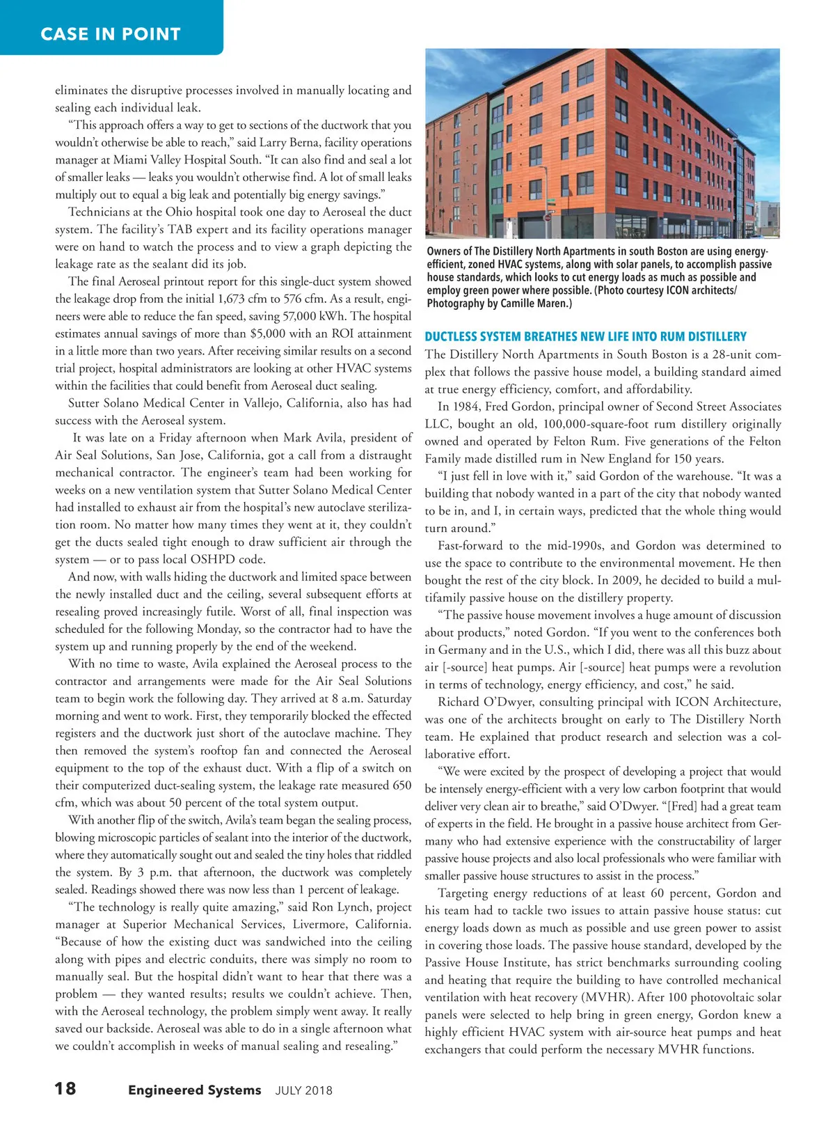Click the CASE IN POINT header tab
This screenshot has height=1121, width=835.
pyautogui.click(x=111, y=33)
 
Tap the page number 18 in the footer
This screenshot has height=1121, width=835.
pyautogui.click(x=65, y=1088)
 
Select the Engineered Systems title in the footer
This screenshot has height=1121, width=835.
pyautogui.click(x=195, y=1090)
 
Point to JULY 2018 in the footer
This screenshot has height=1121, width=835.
pyautogui.click(x=304, y=1090)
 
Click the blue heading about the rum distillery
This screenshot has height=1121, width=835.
pyautogui.click(x=585, y=336)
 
